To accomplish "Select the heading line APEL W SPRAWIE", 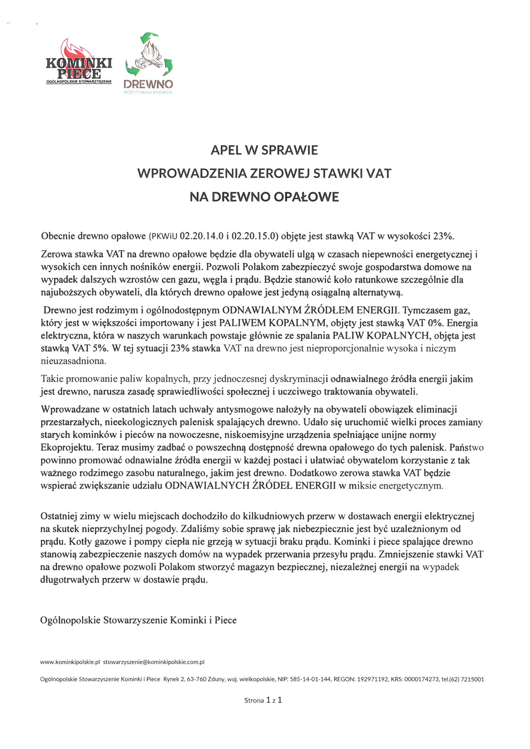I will pyautogui.click(x=264, y=150).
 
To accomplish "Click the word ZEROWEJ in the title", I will pyautogui.click(x=280, y=174).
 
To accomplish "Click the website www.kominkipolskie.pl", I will pyautogui.click(x=70, y=662).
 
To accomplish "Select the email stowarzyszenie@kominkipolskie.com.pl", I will pyautogui.click(x=154, y=662).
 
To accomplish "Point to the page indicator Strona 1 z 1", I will pyautogui.click(x=263, y=700).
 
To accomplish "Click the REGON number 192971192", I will pyautogui.click(x=373, y=679).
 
